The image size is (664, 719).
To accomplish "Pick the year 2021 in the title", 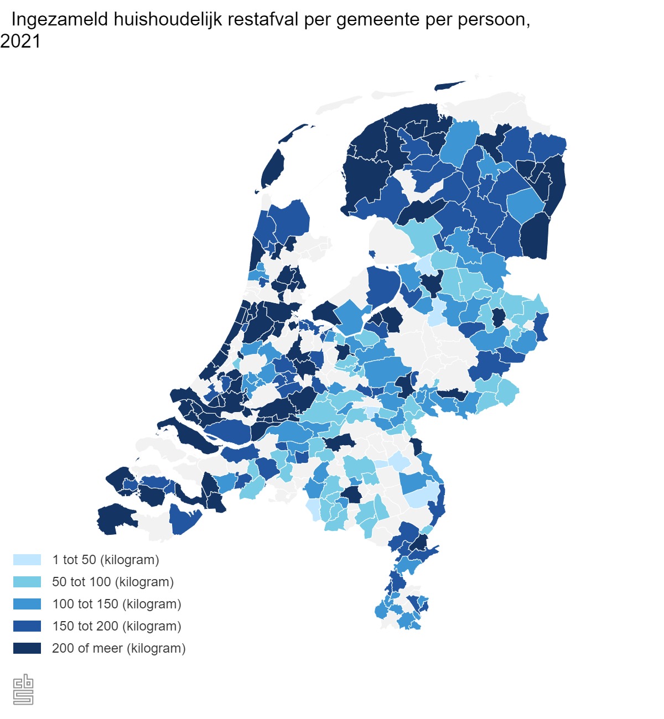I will pyautogui.click(x=20, y=41).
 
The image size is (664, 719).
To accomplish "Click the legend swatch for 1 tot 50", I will pyautogui.click(x=27, y=560).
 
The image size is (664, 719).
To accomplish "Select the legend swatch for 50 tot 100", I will pyautogui.click(x=27, y=582).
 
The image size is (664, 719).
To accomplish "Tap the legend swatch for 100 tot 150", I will pyautogui.click(x=27, y=604).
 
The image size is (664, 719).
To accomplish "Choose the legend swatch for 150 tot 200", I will pyautogui.click(x=27, y=626).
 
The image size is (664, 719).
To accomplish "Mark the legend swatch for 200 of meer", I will pyautogui.click(x=27, y=648).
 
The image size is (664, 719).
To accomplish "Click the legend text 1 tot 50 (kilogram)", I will pyautogui.click(x=106, y=560).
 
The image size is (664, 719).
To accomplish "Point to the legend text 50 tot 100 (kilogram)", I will pyautogui.click(x=113, y=582).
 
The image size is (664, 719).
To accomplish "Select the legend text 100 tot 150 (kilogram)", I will pyautogui.click(x=117, y=604).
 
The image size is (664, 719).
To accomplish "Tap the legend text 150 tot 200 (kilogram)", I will pyautogui.click(x=117, y=626).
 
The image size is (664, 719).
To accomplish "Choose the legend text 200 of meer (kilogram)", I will pyautogui.click(x=119, y=648).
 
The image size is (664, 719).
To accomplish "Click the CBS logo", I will pyautogui.click(x=23, y=690).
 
